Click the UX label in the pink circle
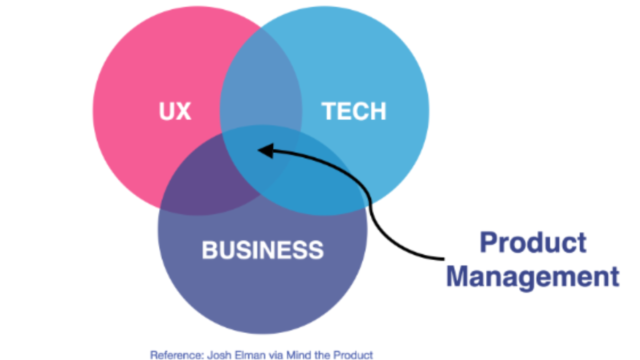coord(175,111)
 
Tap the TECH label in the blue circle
coord(354,111)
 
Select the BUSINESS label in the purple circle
coord(262,249)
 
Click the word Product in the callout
coord(533,243)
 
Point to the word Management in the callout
coord(532,276)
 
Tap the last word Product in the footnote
coord(353,355)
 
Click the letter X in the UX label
coord(183,111)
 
